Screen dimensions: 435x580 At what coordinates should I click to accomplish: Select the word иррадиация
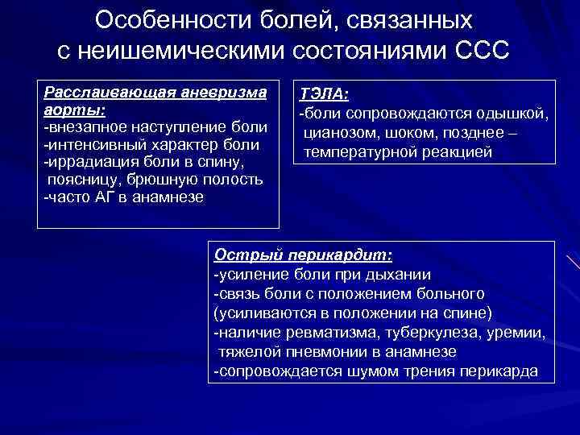(x=85, y=163)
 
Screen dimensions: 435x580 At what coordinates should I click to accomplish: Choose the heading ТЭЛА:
(x=322, y=95)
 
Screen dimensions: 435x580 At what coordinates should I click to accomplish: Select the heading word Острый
(x=239, y=255)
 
